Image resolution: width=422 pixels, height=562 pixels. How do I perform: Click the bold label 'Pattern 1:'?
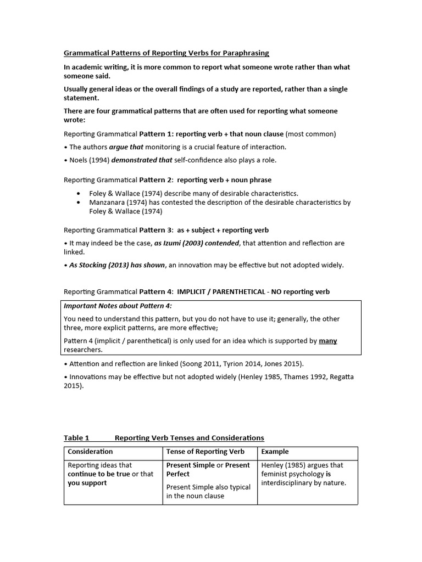pos(157,134)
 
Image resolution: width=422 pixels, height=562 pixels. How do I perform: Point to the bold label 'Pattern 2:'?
pos(157,180)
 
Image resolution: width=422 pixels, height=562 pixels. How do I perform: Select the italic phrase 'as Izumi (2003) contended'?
pos(197,243)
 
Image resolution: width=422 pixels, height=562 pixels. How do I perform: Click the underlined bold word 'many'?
pos(328,341)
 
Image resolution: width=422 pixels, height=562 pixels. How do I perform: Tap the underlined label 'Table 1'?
pos(76,438)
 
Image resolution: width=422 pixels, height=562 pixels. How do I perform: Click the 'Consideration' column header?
pos(90,452)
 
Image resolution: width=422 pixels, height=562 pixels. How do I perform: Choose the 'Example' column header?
pos(274,452)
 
